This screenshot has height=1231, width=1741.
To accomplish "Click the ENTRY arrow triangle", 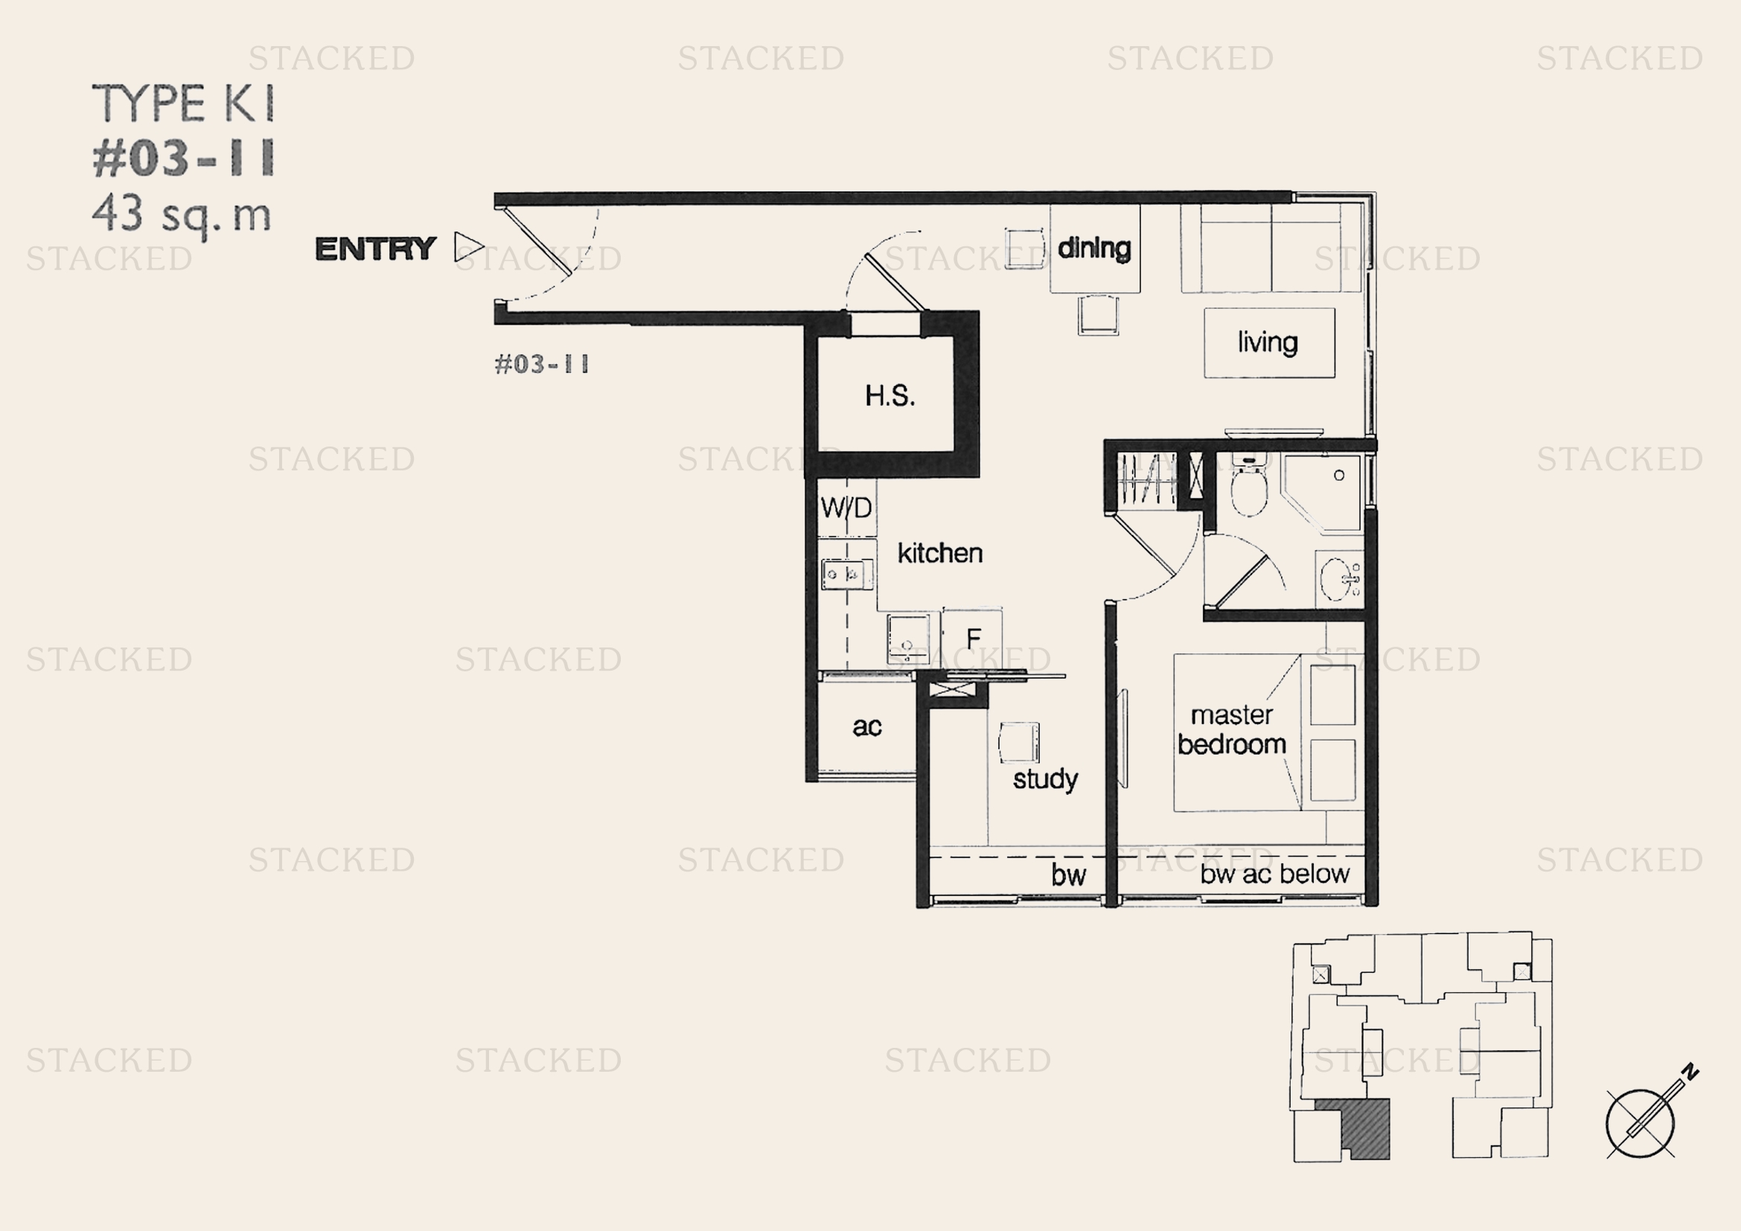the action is [469, 247].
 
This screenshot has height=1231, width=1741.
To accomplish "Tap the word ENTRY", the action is [375, 249].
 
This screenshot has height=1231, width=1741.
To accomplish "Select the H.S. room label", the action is [890, 396].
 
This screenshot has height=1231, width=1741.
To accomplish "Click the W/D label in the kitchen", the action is [846, 507].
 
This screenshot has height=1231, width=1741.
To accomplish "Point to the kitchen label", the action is [940, 552].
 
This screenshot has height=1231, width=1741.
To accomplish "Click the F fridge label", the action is [974, 639].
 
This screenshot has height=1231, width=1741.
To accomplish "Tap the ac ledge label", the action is [866, 726].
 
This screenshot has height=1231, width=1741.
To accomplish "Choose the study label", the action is [1045, 779].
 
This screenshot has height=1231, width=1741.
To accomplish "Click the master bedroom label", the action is [1231, 729].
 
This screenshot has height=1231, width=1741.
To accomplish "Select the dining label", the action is [1094, 248].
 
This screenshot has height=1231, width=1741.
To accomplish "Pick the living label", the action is [1267, 342].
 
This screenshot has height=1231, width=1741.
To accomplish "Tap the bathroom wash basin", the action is [1340, 579].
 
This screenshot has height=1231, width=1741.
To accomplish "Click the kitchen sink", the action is [846, 574].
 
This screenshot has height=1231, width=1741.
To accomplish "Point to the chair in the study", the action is [1018, 741].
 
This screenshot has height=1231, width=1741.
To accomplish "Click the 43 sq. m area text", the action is [181, 215].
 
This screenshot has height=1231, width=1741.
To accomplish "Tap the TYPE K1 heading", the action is [183, 103].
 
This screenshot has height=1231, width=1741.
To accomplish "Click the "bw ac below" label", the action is [1274, 874].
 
